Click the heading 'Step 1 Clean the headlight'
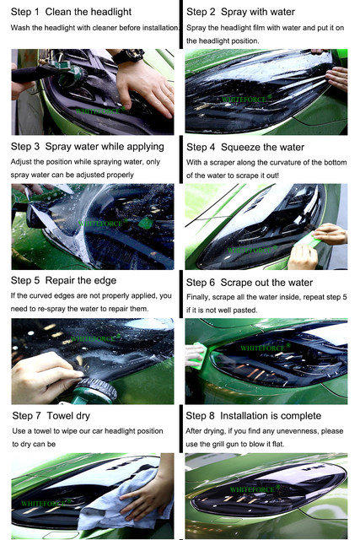point(71,12)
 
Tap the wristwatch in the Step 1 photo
point(128,56)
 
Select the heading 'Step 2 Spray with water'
point(240,12)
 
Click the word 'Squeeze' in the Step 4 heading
point(238,148)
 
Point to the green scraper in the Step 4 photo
point(309,240)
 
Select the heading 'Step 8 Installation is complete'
point(254,416)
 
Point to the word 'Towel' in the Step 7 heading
point(60,416)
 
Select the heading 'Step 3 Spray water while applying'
point(88,147)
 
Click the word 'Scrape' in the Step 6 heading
point(236,283)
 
